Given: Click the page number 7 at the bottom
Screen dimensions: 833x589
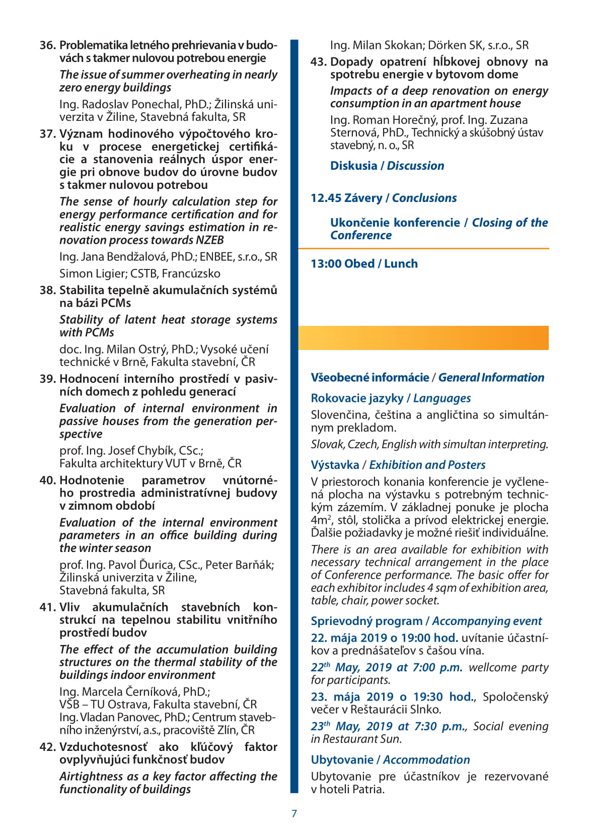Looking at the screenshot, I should (294, 813).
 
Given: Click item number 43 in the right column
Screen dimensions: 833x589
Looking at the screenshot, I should (318, 62).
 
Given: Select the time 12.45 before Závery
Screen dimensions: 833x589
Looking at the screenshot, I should (326, 198).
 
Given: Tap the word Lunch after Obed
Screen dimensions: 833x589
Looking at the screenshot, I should (401, 264).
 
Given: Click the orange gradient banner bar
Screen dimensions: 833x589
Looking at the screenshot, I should (423, 338).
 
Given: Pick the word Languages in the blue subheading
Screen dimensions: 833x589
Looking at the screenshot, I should (442, 398).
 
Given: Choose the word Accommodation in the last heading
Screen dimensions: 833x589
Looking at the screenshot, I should (426, 760).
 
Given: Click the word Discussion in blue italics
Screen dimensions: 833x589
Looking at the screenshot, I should (415, 166).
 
